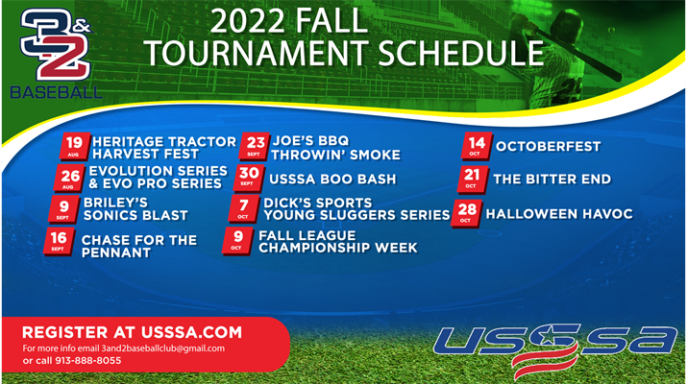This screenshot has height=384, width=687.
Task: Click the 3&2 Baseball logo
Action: click(56, 54)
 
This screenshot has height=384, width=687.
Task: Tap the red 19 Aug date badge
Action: click(75, 146)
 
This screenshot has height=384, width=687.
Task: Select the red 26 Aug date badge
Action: click(70, 179)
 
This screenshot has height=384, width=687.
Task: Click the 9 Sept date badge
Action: click(64, 209)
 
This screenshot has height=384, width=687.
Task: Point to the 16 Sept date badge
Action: click(60, 241)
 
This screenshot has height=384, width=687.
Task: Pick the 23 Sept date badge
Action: click(255, 146)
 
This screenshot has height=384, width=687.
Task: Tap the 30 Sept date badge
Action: click(249, 179)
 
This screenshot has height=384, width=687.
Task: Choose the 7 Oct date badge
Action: click(244, 209)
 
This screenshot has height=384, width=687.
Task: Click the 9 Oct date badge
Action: click(238, 241)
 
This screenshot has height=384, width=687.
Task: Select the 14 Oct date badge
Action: click(477, 146)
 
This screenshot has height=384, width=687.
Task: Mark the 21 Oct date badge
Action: click(472, 179)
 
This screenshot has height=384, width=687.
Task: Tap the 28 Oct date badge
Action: click(467, 213)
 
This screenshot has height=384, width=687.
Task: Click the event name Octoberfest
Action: click(548, 146)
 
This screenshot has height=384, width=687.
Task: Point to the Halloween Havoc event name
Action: click(559, 214)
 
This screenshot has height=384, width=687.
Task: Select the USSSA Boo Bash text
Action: click(332, 180)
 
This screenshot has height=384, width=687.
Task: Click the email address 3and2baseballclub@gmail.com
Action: click(163, 349)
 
